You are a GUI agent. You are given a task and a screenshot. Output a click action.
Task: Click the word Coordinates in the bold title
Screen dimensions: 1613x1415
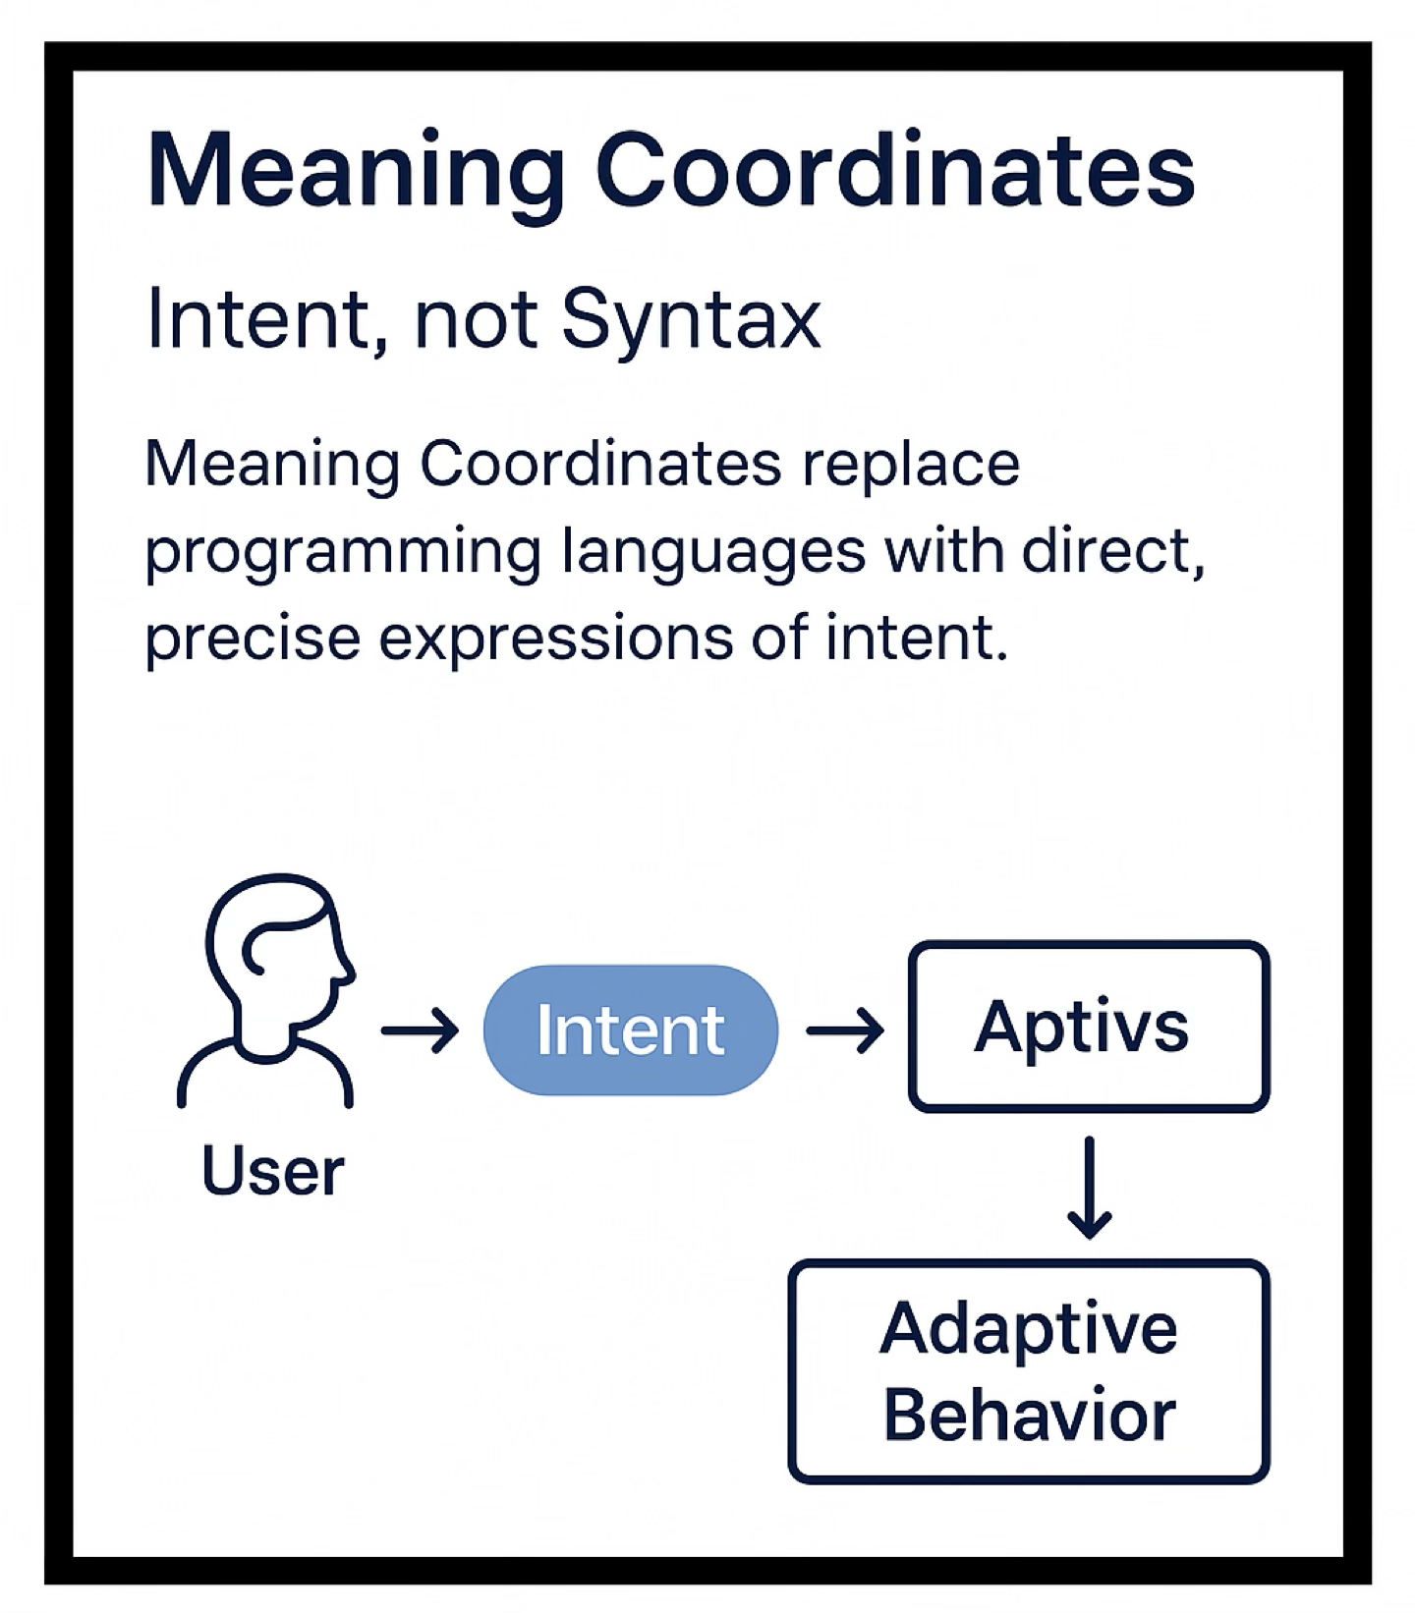[x=894, y=172]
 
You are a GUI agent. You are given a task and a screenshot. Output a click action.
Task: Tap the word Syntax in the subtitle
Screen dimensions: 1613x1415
[x=691, y=319]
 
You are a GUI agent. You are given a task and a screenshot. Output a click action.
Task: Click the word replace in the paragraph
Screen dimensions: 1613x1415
[x=910, y=464]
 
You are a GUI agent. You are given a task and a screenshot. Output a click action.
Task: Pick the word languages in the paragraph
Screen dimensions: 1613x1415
[x=713, y=552]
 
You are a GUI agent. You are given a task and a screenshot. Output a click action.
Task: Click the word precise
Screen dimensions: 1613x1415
[x=253, y=639]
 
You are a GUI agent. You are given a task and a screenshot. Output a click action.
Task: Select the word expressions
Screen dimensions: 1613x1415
[x=555, y=639]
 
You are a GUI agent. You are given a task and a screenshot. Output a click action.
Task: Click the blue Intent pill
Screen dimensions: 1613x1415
[x=630, y=1030]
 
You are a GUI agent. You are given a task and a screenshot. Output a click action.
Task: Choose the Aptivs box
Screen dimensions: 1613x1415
[x=1089, y=1027]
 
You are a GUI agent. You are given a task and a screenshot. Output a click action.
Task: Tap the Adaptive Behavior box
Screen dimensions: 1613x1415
[x=1029, y=1371]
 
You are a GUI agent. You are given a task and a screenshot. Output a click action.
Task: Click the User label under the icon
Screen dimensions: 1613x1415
[x=272, y=1171]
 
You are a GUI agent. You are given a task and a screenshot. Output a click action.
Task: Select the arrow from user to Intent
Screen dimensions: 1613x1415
[x=421, y=1030]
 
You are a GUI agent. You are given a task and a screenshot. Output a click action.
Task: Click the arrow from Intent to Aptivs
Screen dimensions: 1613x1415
[x=844, y=1030]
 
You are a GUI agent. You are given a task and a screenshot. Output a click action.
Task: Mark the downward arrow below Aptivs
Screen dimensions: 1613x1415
[x=1089, y=1188]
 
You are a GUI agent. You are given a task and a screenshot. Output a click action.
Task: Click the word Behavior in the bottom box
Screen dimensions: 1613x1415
[x=1029, y=1416]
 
